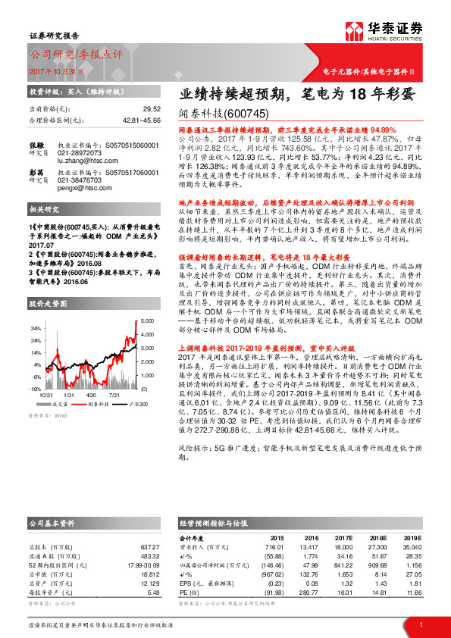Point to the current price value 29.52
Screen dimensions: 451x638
[152, 109]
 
